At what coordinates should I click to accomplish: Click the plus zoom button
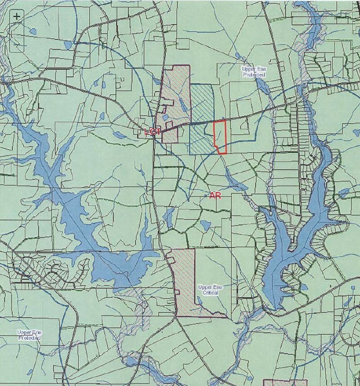pos(17,16)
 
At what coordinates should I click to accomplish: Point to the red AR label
pos(215,195)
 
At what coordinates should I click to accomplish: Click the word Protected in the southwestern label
pos(29,338)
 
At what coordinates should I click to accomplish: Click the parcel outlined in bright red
pos(220,137)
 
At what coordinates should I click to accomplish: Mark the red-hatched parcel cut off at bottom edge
pos(285,383)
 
